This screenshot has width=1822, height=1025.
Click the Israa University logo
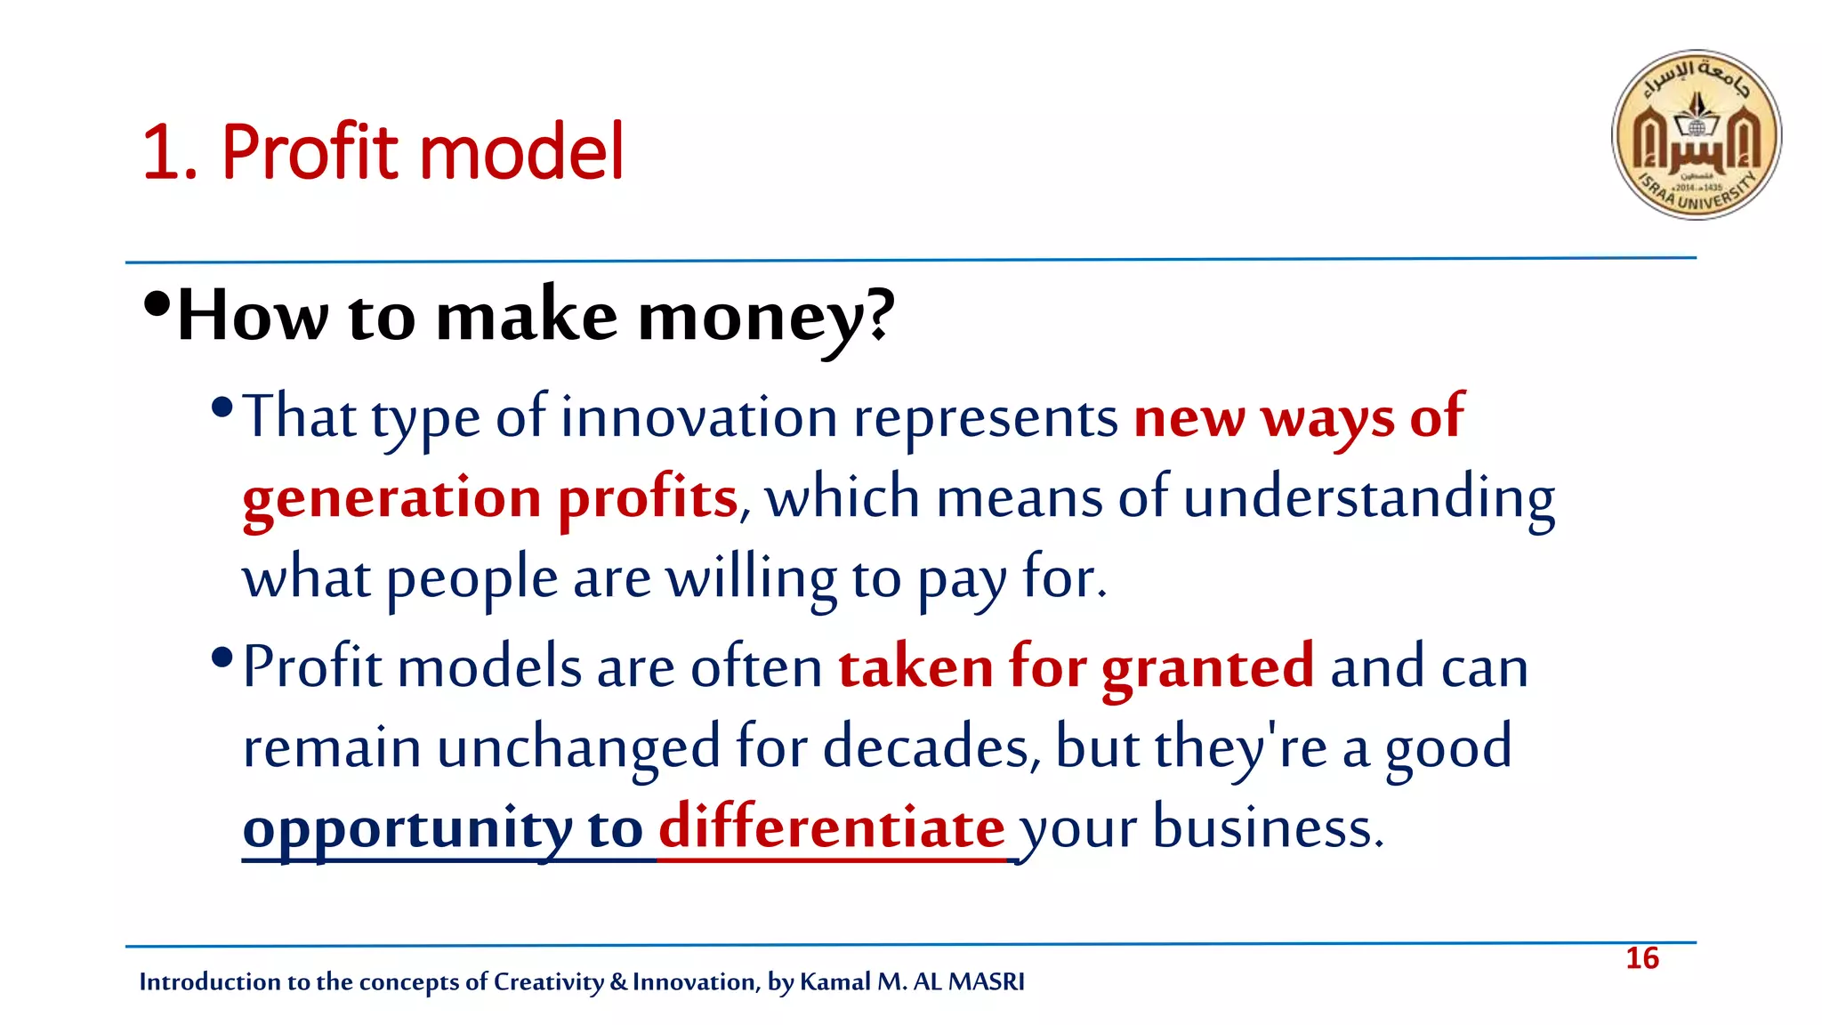coord(1696,134)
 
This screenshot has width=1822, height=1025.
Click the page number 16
coord(1641,958)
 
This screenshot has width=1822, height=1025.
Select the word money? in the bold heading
coord(766,318)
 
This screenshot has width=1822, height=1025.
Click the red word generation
coord(391,498)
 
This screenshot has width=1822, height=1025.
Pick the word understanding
coord(1369,498)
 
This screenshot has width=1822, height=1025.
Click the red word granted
coord(1207,667)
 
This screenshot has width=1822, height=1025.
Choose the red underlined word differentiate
coord(831,827)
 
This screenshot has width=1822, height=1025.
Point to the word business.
coord(1268,827)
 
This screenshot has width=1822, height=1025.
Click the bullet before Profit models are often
coord(222,659)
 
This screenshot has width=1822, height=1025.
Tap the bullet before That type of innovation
coord(222,409)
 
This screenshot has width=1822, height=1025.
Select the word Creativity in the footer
coord(548,981)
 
